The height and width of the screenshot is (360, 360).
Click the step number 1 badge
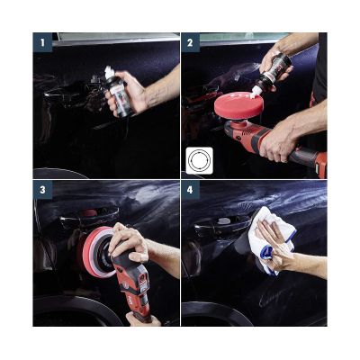[41, 42]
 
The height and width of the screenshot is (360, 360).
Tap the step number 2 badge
[191, 42]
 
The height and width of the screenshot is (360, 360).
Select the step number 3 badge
[41, 191]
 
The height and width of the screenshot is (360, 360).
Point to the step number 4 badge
[191, 191]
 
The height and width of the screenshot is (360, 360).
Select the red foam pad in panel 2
[238, 106]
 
